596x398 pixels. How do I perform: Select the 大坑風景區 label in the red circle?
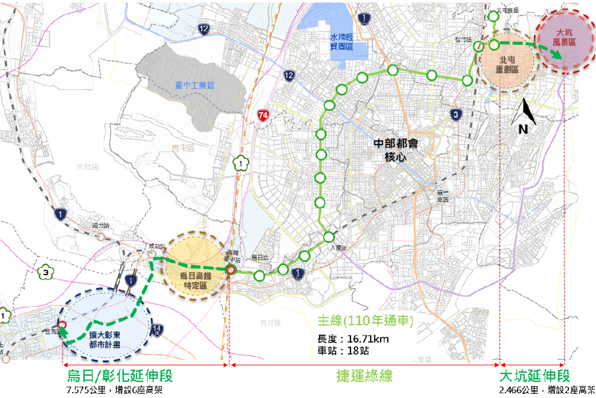point(564,38)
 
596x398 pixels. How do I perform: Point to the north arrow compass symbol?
point(523,117)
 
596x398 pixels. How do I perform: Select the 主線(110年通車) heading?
point(365,322)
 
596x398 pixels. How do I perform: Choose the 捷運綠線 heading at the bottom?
point(364,377)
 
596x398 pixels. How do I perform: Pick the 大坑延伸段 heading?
point(534,377)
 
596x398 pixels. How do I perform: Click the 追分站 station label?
point(101,226)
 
